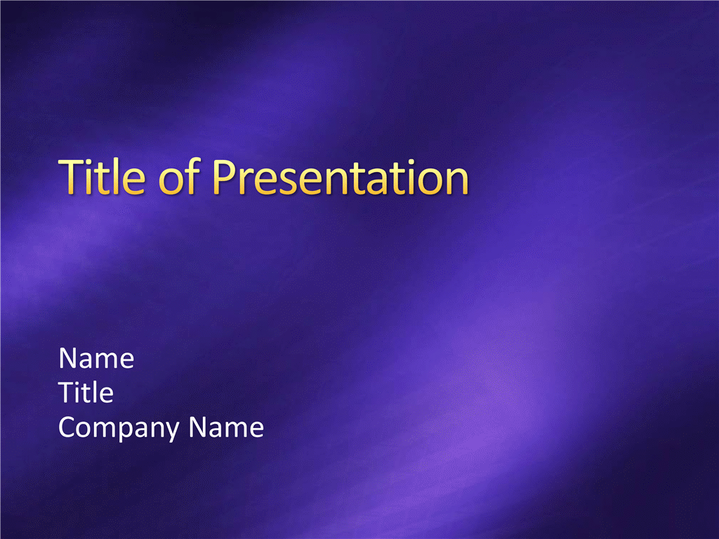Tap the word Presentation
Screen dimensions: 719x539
pos(341,177)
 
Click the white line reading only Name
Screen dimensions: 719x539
pos(96,358)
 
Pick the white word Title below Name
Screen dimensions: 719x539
pos(86,392)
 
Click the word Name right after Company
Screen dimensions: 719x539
pos(226,427)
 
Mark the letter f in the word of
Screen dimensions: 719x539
pos(193,176)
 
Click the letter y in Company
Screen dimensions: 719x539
pos(171,432)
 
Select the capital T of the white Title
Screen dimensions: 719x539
pos(67,393)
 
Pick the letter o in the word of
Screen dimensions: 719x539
pos(171,182)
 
